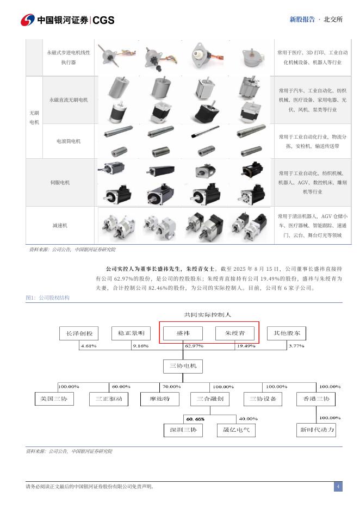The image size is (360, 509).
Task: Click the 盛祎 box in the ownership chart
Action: (x=183, y=333)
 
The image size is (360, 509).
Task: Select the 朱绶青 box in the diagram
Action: (x=235, y=333)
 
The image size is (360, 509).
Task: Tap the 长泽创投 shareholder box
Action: (x=79, y=333)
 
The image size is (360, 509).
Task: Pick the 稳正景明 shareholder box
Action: (x=131, y=333)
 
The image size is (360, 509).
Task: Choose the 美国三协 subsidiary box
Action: (x=54, y=399)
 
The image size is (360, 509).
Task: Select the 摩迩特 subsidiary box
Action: (x=159, y=399)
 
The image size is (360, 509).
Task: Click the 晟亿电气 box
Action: (x=236, y=430)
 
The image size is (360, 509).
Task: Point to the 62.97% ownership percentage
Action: (x=194, y=346)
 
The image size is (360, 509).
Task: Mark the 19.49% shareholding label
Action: (x=245, y=346)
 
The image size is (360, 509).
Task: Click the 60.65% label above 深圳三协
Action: (x=195, y=419)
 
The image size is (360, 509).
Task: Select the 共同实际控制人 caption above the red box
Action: (x=208, y=314)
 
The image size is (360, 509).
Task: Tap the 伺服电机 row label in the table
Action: (x=60, y=183)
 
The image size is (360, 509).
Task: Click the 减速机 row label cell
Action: (x=60, y=225)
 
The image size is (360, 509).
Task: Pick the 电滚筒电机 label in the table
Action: (x=69, y=141)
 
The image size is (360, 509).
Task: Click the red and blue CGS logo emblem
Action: (x=28, y=20)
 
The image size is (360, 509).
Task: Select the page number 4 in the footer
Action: (x=338, y=486)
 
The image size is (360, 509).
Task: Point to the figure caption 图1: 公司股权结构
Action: (x=48, y=297)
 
